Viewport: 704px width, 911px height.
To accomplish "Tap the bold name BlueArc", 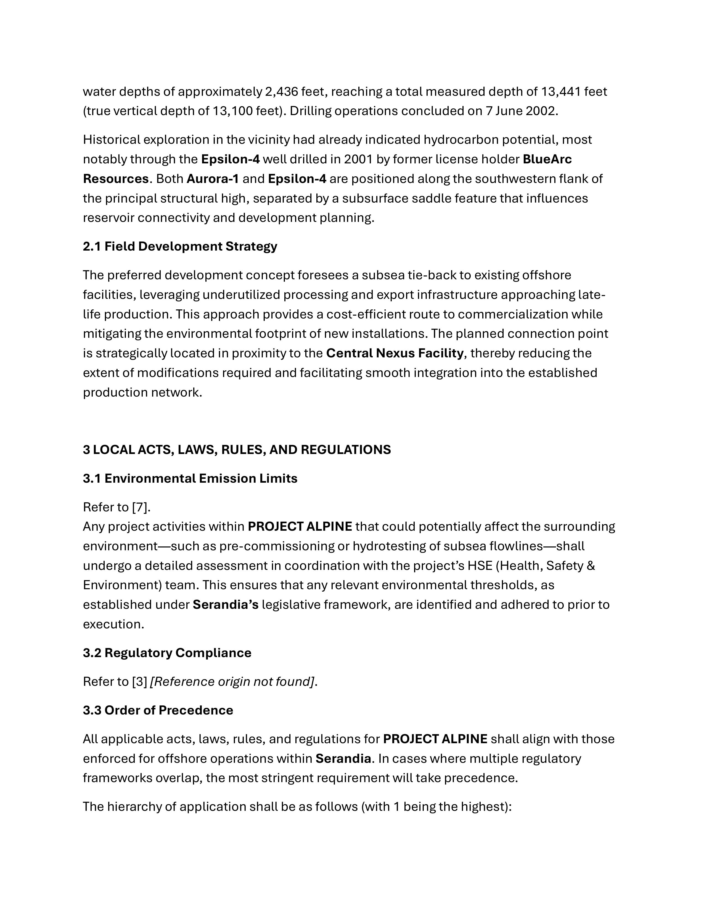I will tap(547, 159).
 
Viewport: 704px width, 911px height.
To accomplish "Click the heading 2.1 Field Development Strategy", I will tap(180, 246).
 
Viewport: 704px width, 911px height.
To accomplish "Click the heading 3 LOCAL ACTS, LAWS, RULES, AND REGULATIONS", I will tap(237, 450).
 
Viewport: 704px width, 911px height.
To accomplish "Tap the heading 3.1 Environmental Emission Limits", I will tap(190, 479).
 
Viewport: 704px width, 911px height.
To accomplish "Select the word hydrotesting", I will tap(390, 546).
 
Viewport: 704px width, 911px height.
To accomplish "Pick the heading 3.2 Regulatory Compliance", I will tap(167, 653).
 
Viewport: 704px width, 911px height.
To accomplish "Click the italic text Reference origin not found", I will tap(232, 682).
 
